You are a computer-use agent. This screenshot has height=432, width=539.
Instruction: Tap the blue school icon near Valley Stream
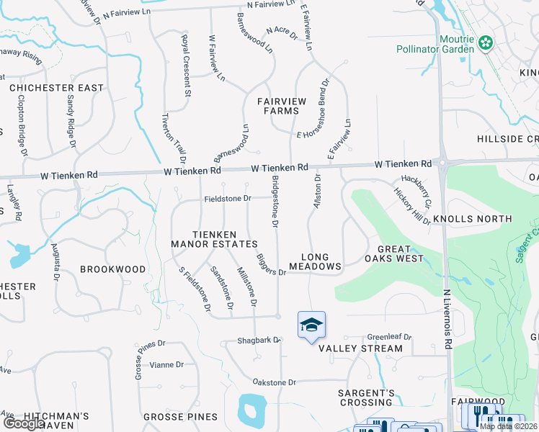click(x=311, y=325)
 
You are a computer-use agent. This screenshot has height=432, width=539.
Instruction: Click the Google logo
click(x=23, y=424)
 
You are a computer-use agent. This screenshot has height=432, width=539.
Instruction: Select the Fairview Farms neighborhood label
click(x=280, y=106)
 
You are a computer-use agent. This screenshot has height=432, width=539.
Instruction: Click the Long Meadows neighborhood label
click(x=315, y=261)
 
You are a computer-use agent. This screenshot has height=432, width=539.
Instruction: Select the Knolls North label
click(x=472, y=218)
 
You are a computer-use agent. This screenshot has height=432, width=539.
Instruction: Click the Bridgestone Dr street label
click(x=275, y=202)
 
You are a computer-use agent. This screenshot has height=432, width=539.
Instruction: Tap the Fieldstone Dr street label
click(x=227, y=198)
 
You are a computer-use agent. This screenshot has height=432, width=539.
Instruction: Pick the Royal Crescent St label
click(x=186, y=66)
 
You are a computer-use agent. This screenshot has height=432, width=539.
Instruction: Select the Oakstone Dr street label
click(x=274, y=382)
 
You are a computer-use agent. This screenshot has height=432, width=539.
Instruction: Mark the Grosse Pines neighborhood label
click(x=180, y=417)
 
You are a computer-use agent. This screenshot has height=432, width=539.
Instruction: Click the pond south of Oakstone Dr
click(x=251, y=411)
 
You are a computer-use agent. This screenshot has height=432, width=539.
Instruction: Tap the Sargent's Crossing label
click(x=367, y=398)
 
